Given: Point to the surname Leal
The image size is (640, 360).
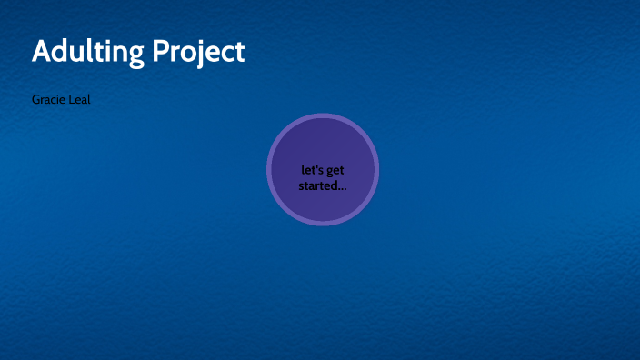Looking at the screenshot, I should (79, 99).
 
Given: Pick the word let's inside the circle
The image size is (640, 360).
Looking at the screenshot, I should (312, 170).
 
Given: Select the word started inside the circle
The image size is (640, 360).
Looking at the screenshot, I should (315, 185).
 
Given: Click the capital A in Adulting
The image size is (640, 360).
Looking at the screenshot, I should (42, 51).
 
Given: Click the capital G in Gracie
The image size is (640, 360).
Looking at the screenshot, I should (36, 99).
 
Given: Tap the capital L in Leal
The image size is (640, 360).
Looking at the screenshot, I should (71, 99).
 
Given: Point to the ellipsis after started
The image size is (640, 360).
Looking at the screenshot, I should (341, 187).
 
